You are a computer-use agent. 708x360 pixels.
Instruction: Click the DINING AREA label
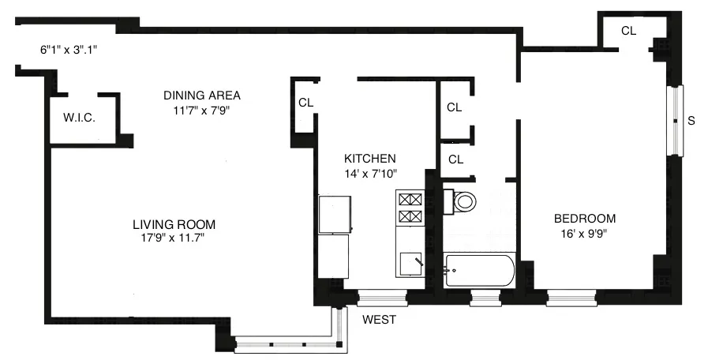[x=201, y=96]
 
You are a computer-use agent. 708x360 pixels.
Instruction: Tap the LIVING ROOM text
[x=174, y=223]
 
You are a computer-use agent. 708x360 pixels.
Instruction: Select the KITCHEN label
[x=369, y=158]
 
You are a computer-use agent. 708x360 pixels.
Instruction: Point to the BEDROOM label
[x=584, y=219]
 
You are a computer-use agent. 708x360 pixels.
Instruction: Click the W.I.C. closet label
[x=79, y=118]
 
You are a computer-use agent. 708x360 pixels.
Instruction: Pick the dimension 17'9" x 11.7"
[x=174, y=238]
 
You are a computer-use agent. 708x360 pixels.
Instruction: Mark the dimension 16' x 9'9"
[x=584, y=233]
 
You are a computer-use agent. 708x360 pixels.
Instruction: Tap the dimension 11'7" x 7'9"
[x=201, y=110]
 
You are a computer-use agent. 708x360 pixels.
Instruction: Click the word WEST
[x=379, y=320]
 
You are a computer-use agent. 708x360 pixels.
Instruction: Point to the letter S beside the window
[x=691, y=121]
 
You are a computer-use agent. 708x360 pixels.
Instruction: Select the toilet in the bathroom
[x=463, y=201]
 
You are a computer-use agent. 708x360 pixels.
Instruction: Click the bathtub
[x=479, y=270]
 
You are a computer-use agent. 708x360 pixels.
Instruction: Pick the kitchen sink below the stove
[x=410, y=263]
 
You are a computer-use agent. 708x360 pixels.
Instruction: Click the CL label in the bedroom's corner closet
[x=628, y=32]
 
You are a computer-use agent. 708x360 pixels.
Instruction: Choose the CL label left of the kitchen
[x=305, y=102]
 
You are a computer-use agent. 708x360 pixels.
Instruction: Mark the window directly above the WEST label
[x=382, y=298]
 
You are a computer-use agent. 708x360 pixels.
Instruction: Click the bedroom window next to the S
[x=675, y=121]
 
